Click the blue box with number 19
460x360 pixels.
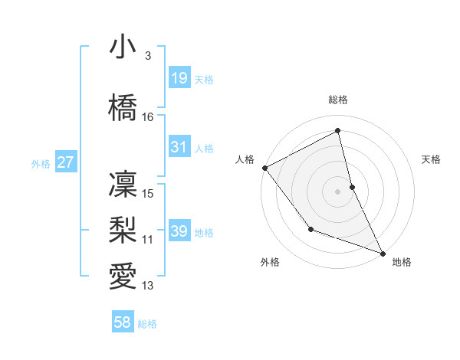coord(179,77)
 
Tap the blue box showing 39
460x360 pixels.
coord(179,231)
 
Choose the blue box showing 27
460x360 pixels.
coord(66,162)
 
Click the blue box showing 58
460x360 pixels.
coord(123,322)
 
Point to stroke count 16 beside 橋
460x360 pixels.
coord(148,117)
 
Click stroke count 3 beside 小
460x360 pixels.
coord(147,56)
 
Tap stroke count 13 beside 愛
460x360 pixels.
coord(148,286)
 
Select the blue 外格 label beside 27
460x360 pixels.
coord(41,163)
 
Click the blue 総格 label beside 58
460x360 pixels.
coord(147,324)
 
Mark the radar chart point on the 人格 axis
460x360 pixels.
coord(264,168)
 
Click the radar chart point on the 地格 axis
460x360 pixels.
coord(383,253)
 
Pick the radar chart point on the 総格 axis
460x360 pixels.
coord(337,131)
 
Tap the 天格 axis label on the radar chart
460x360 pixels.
coord(431,159)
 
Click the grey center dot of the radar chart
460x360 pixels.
coord(337,191)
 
